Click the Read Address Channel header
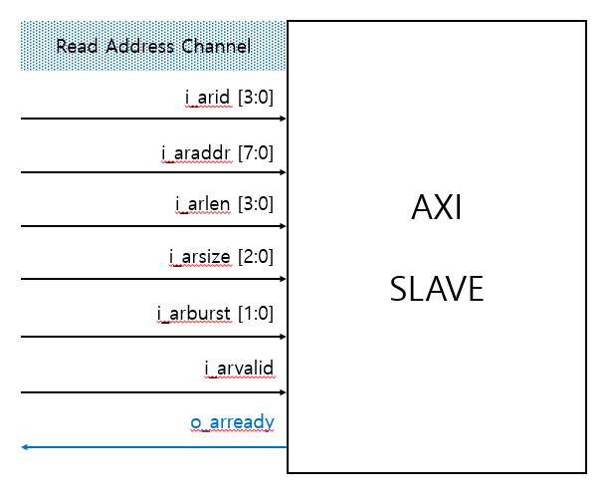click(152, 46)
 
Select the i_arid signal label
click(209, 97)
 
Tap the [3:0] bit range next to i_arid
click(255, 97)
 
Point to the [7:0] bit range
click(255, 152)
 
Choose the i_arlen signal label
click(203, 204)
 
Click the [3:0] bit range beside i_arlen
click(255, 204)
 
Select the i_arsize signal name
click(200, 258)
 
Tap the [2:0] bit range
click(255, 258)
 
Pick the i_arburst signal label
click(194, 314)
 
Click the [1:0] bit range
click(255, 314)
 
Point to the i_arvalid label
click(239, 370)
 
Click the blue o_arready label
click(232, 423)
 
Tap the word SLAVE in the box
click(437, 289)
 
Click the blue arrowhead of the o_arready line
click(25, 447)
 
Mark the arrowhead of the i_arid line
click(283, 119)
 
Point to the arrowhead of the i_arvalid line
click(283, 392)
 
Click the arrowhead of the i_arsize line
click(283, 279)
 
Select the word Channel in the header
click(216, 46)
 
